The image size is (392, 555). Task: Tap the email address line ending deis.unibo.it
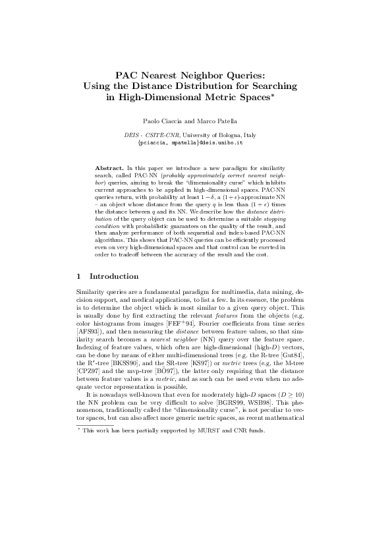tap(196, 142)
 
